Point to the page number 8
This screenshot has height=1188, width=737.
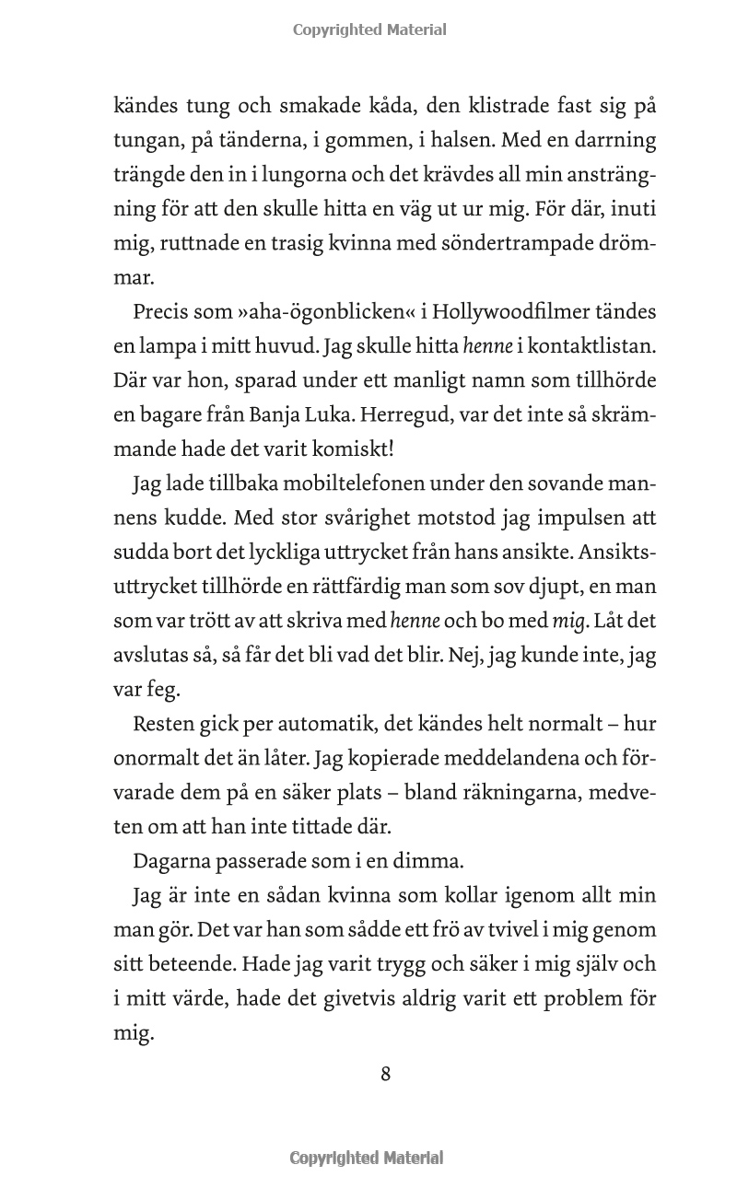386,1074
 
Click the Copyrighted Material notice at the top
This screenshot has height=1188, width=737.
369,29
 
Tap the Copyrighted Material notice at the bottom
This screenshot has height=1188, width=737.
367,1158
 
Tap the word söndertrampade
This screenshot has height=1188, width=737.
513,243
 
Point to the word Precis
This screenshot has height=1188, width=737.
164,311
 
